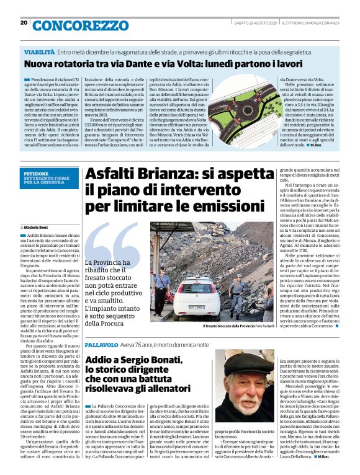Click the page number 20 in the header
[x=23, y=23]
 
